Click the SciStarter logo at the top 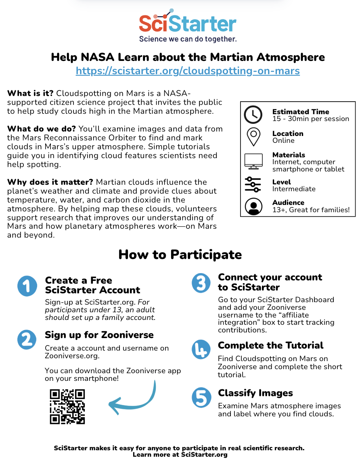coord(188,23)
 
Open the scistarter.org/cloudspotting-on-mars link coord(188,71)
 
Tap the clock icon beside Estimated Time coord(253,115)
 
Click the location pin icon coord(253,137)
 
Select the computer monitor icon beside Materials coord(253,161)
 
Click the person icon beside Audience coord(253,206)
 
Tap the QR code coord(67,406)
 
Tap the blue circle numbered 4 coord(201,349)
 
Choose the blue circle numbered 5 coord(201,397)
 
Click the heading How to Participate coord(180,255)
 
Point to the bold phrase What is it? coord(30,94)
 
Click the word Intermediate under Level coord(294,189)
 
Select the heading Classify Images coord(255,393)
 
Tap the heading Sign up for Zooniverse coord(99,335)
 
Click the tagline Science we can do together coord(188,39)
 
